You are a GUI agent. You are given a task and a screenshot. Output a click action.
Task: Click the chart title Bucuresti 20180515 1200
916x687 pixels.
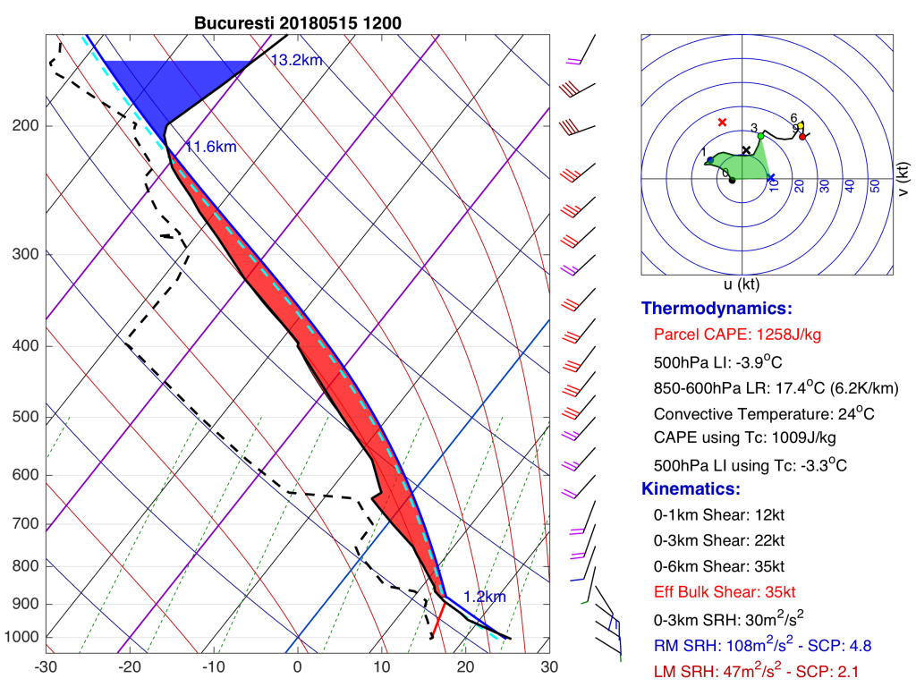point(297,23)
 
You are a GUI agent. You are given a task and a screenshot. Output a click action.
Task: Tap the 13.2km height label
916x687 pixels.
point(297,60)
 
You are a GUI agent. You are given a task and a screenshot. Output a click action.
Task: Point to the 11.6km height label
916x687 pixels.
point(211,147)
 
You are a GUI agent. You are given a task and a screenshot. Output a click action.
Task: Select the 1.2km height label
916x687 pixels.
point(484,597)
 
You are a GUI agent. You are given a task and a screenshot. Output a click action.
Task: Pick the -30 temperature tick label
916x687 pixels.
point(46,667)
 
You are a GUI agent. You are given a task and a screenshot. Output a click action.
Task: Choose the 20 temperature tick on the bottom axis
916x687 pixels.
point(465,667)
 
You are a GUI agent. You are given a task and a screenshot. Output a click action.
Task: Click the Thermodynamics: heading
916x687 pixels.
point(717,309)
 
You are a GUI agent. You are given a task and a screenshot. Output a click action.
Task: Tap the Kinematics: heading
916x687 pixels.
point(691,489)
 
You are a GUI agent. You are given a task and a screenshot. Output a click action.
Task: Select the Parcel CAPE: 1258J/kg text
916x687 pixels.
point(737,335)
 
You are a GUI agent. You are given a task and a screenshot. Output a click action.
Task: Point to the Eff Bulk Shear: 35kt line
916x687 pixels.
point(725,592)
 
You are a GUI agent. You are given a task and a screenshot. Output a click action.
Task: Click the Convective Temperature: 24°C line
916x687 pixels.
point(764,413)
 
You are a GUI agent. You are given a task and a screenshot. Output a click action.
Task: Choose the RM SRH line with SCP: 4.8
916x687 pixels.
point(762,645)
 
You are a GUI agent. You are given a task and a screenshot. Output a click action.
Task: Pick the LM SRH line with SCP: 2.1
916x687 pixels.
point(756,671)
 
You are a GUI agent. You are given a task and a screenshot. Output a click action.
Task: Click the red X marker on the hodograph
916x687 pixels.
point(723,122)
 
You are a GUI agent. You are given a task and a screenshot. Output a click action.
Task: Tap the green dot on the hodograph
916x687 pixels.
point(760,136)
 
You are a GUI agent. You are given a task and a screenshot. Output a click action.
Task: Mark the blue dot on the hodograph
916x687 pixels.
point(710,159)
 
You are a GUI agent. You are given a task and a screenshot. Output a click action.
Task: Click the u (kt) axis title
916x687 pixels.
point(742,284)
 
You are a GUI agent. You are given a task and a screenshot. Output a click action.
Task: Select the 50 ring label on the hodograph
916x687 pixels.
point(875,186)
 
